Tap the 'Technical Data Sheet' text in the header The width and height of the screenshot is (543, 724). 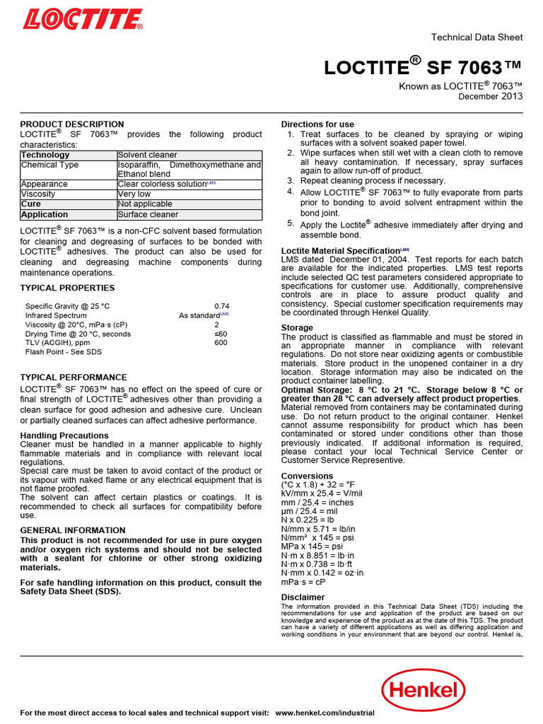click(477, 37)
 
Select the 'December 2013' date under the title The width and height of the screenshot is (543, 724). click(491, 96)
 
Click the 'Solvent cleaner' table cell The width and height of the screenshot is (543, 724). click(147, 155)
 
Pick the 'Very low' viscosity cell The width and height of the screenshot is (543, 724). click(134, 194)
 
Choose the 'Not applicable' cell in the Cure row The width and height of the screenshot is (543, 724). click(144, 204)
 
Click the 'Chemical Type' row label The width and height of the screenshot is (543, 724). click(49, 165)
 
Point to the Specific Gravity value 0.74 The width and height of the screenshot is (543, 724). click(221, 305)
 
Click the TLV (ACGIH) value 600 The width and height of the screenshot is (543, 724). click(221, 342)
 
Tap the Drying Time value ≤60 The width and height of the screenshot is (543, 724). click(221, 333)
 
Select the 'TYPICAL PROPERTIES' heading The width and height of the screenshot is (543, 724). click(67, 288)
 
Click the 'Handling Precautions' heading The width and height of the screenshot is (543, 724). click(64, 436)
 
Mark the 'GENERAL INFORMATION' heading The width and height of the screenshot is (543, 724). click(73, 530)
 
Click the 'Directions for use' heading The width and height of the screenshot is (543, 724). click(317, 124)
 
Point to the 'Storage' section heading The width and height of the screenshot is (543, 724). click(297, 328)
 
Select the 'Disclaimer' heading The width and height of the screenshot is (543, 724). click(303, 597)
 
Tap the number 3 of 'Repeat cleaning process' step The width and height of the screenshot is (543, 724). click(291, 180)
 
